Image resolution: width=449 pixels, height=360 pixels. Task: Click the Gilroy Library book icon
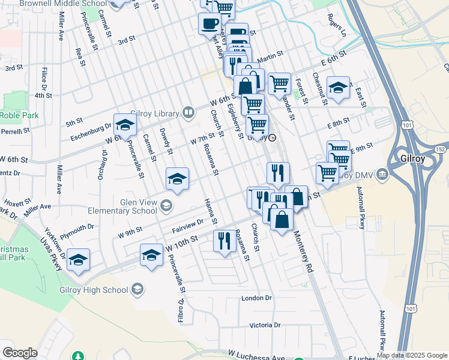[188, 113]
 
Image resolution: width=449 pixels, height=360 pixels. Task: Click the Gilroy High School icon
[137, 290]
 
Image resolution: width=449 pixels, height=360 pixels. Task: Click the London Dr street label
[256, 298]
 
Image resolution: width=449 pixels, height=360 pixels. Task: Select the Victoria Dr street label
[265, 325]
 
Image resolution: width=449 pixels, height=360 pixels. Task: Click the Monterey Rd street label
[304, 251]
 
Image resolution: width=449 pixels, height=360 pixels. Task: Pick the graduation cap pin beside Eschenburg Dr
[125, 125]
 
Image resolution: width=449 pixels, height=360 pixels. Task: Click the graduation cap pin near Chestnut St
[338, 88]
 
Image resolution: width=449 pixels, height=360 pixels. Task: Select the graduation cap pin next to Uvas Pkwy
[78, 260]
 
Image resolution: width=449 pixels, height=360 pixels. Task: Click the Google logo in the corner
[20, 353]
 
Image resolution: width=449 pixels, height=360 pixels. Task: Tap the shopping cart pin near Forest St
[279, 85]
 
